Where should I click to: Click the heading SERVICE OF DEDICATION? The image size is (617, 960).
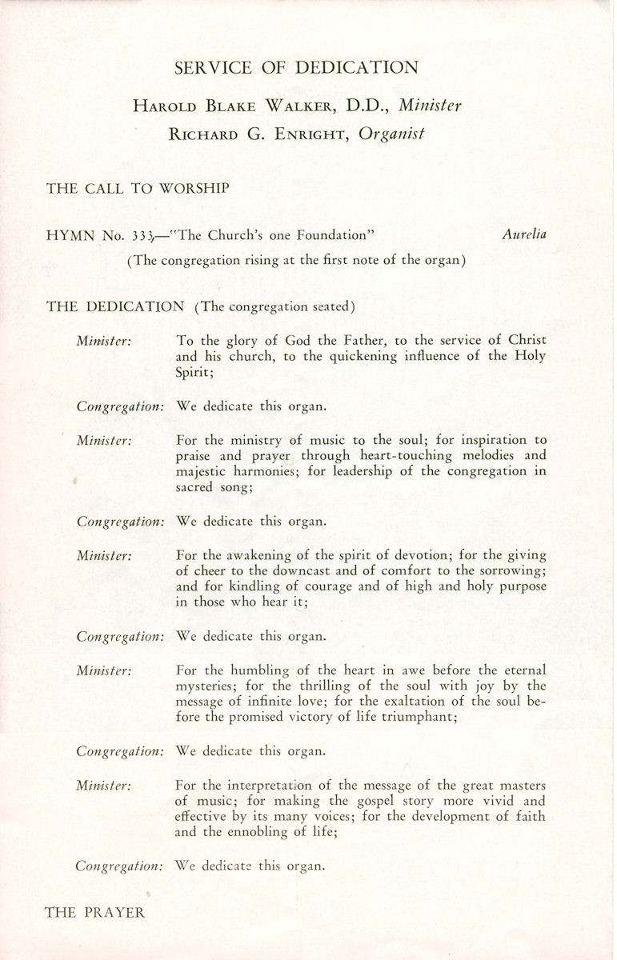[x=296, y=68]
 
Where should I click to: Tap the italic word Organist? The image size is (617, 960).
[x=391, y=134]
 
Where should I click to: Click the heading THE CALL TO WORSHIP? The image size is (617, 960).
[x=138, y=189]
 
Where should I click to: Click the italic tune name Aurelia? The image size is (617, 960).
[x=524, y=234]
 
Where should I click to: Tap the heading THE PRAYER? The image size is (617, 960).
[x=95, y=911]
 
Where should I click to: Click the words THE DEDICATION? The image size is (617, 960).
[x=114, y=306]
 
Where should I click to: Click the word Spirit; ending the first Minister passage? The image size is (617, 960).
[x=195, y=372]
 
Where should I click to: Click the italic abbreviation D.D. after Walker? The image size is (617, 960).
[x=370, y=106]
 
